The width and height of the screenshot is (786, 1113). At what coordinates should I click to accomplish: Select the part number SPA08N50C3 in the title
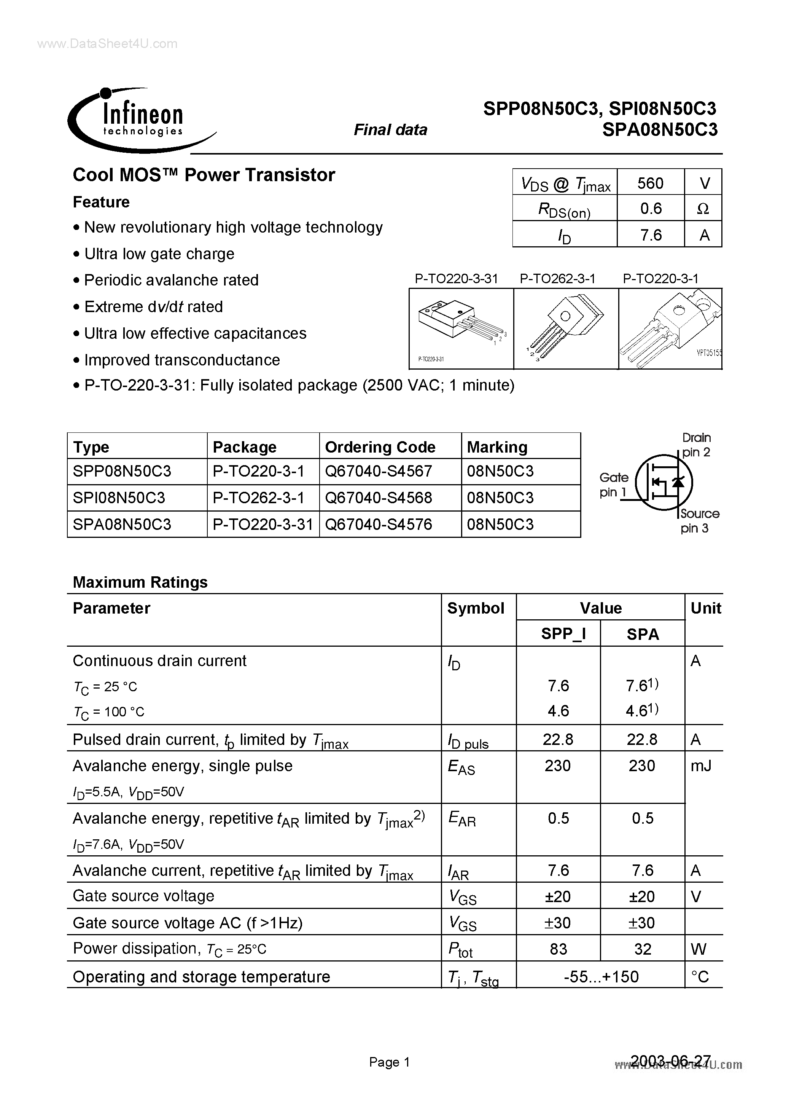tap(660, 130)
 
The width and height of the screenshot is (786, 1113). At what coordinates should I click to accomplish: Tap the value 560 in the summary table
tap(650, 183)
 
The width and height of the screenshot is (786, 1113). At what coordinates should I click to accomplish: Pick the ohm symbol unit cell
tap(703, 209)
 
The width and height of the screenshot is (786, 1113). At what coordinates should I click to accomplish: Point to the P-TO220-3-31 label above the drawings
tap(456, 279)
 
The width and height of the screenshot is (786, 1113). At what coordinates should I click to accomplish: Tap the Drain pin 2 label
tap(696, 445)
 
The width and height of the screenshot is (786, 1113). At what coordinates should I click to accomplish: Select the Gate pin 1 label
tap(614, 485)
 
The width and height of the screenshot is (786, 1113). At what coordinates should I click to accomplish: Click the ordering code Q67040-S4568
tap(378, 498)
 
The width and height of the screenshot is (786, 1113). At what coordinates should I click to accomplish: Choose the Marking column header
tap(497, 447)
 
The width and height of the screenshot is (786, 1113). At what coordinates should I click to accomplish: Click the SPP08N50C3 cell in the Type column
tap(122, 471)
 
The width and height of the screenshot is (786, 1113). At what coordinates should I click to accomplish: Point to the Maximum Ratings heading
tap(140, 582)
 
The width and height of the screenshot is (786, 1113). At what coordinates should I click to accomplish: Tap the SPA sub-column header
tap(642, 634)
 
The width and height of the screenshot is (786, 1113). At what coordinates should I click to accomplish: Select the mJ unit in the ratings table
tap(701, 766)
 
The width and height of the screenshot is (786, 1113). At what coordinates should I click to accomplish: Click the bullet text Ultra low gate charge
tap(159, 254)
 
